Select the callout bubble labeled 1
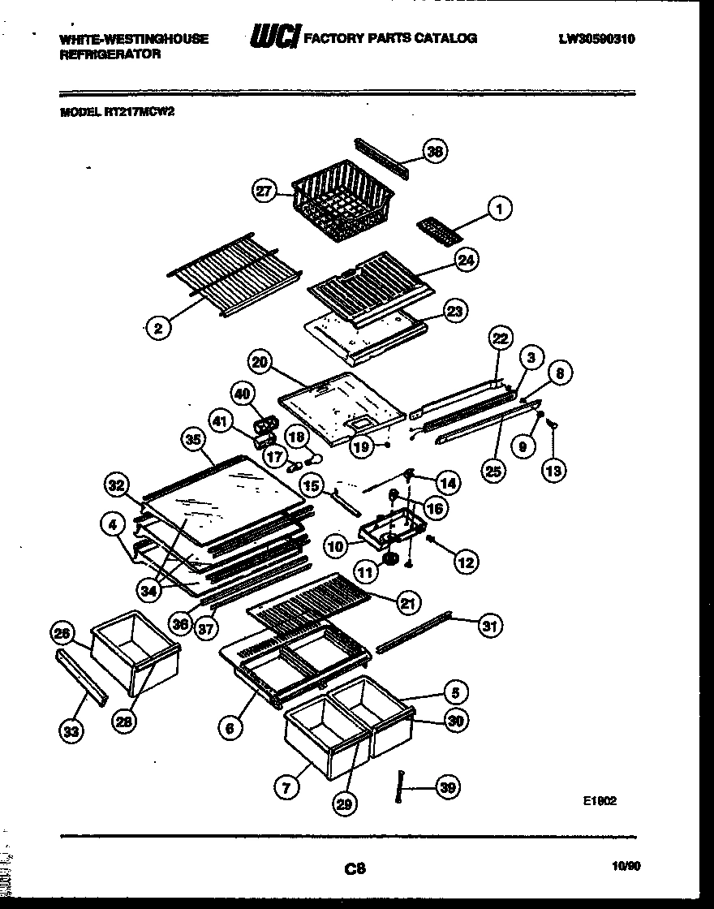(501, 209)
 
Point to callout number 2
(158, 328)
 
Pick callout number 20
(260, 363)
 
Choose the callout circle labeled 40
(241, 394)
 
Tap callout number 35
(192, 440)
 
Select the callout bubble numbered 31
(490, 625)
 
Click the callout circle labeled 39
(448, 786)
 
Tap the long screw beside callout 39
(400, 786)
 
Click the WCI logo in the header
(274, 37)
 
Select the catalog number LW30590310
(596, 38)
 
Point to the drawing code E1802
(600, 799)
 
